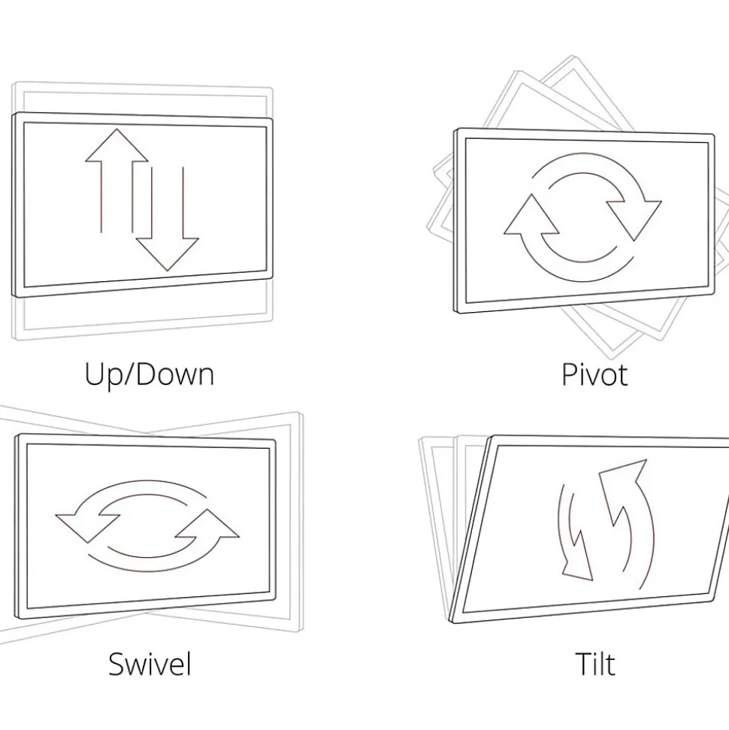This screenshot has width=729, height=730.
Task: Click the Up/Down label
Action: tap(149, 374)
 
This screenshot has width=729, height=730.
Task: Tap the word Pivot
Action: tap(594, 374)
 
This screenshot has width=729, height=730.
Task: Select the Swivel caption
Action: tap(150, 663)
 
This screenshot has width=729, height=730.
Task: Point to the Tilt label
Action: tap(595, 663)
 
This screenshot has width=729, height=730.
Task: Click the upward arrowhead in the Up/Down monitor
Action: tap(116, 146)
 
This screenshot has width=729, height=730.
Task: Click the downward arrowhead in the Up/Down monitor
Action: tap(167, 254)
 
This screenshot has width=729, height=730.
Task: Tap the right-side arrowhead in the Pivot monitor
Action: tap(634, 220)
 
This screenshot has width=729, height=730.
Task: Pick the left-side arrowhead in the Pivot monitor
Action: tap(531, 215)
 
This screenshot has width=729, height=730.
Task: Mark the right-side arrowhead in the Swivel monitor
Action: tap(208, 525)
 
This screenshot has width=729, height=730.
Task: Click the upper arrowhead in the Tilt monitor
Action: tap(622, 484)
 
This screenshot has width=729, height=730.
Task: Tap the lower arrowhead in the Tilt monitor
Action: tap(577, 559)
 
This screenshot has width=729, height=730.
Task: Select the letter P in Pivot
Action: tap(570, 374)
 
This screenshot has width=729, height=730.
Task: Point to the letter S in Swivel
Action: tap(116, 663)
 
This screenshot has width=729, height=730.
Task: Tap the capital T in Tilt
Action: tap(584, 663)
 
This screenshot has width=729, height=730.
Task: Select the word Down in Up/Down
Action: tap(176, 374)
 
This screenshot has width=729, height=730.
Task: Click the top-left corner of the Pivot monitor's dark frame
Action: tap(455, 129)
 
